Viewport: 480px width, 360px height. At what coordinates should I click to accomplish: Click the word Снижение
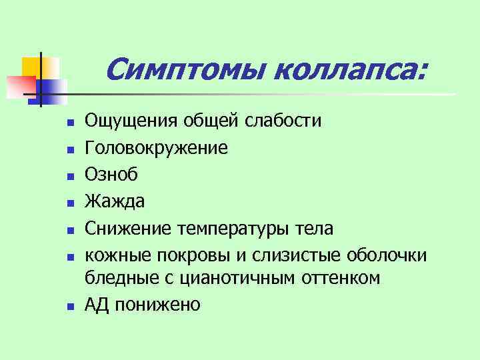(x=129, y=229)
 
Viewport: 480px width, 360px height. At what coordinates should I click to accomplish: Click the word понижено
(x=157, y=305)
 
